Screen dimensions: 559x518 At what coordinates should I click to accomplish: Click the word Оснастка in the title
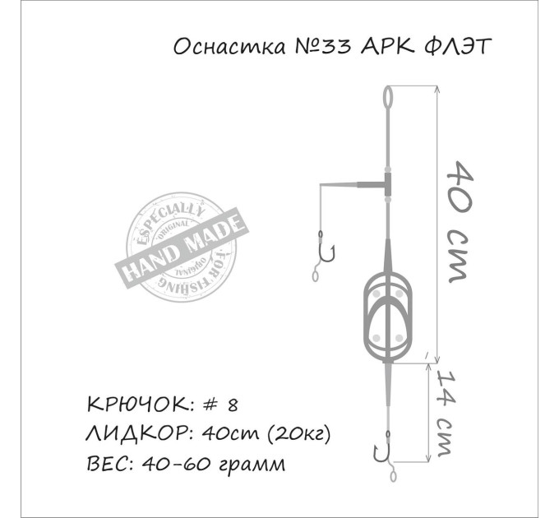[x=229, y=46]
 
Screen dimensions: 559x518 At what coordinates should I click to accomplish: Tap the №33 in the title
[x=323, y=47]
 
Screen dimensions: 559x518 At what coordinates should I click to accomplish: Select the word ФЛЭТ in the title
[x=459, y=46]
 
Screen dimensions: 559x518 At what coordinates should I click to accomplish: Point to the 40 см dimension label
[x=460, y=221]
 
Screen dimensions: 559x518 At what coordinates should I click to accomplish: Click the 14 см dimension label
[x=445, y=414]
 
